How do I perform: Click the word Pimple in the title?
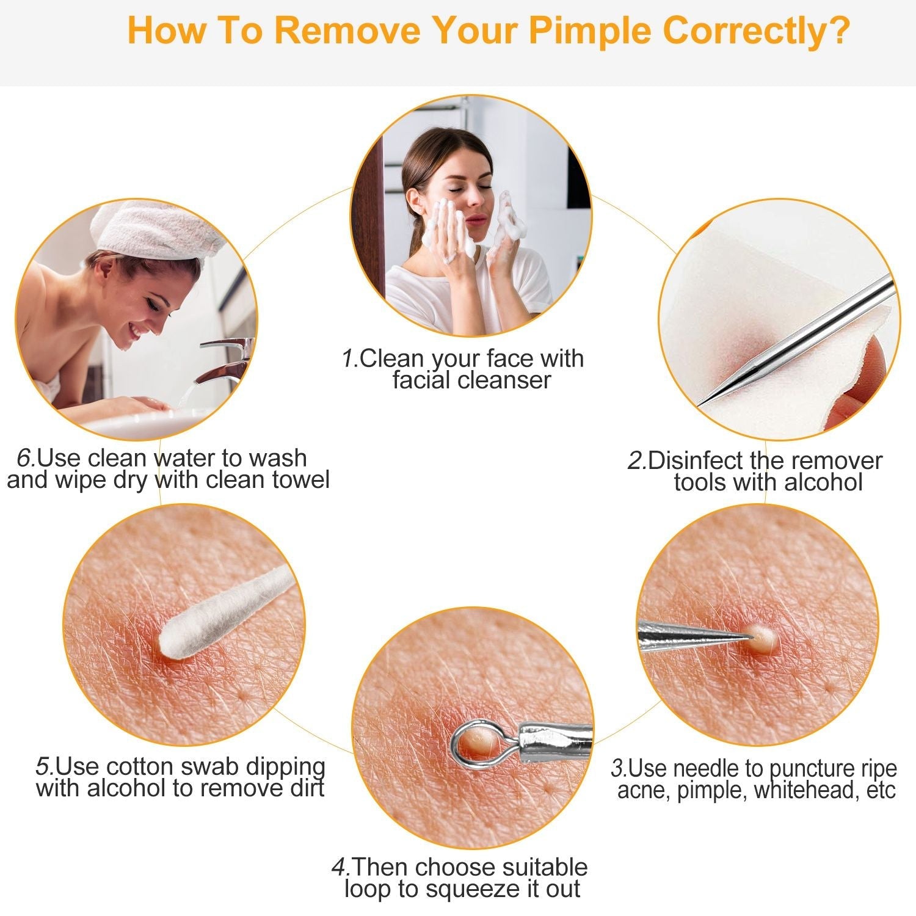[589, 31]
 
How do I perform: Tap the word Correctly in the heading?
[754, 31]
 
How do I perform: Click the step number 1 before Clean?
[349, 358]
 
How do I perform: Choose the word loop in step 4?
[367, 889]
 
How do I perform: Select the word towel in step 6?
[300, 480]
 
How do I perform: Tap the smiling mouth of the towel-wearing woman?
[136, 330]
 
